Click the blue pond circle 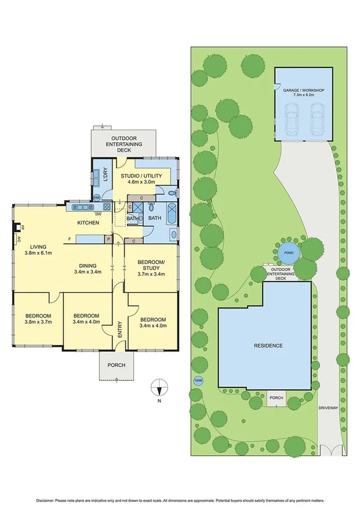click(x=288, y=253)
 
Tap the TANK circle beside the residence click(x=198, y=380)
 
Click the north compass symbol click(x=159, y=387)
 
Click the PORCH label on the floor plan click(x=117, y=366)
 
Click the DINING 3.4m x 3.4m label click(x=88, y=268)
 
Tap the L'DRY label click(x=105, y=175)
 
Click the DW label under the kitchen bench click(x=97, y=213)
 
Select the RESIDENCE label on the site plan click(x=268, y=346)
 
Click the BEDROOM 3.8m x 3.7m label click(x=37, y=319)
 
